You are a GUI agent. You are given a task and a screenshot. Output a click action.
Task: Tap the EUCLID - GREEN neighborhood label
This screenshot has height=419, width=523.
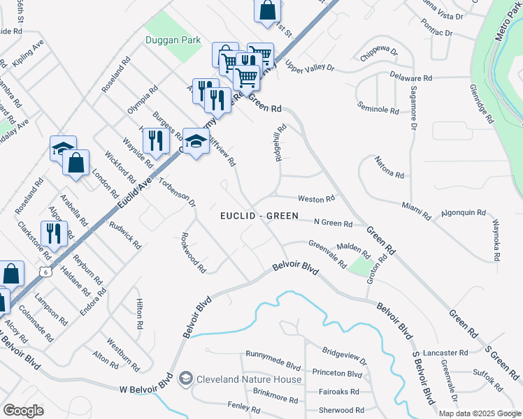click(259, 216)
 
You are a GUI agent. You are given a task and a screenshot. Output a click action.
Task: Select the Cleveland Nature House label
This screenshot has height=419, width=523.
click(249, 379)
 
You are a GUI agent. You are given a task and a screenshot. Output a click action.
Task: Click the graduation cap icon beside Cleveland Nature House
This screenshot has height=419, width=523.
click(185, 379)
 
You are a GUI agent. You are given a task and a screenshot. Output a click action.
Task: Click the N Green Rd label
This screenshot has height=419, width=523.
click(333, 223)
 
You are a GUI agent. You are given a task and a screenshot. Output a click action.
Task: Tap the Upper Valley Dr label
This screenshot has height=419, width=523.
click(310, 68)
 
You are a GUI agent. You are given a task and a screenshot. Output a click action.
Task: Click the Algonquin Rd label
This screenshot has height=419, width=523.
click(463, 212)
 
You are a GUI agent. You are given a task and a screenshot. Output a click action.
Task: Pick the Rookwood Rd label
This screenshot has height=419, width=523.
click(194, 252)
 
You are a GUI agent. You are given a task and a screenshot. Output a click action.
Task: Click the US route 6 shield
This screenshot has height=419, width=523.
click(45, 270)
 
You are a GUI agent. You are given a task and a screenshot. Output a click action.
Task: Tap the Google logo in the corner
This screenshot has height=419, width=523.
click(23, 410)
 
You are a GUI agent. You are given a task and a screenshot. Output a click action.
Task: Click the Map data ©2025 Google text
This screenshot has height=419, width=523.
click(478, 413)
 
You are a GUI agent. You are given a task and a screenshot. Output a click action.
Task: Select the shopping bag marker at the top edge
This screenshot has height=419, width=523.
click(267, 10)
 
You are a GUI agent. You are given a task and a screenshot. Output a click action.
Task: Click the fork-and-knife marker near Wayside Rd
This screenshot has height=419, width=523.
click(156, 140)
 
